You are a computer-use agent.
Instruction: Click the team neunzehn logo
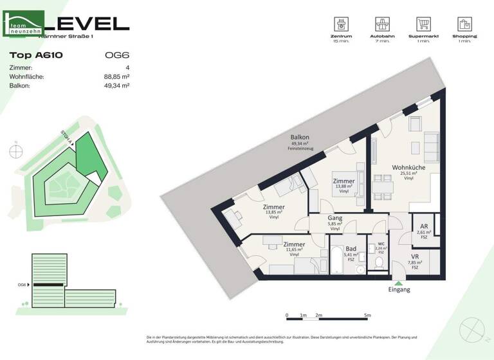(x=24, y=24)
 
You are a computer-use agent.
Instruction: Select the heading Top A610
(x=36, y=55)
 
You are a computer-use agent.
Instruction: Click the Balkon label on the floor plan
(x=300, y=138)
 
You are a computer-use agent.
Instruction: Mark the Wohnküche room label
(x=408, y=168)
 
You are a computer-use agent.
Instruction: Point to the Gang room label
(x=334, y=219)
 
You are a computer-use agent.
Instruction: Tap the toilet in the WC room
(x=378, y=262)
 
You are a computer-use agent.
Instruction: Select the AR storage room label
(x=424, y=227)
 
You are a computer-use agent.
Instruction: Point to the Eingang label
(x=399, y=290)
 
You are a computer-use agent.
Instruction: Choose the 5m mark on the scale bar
(x=367, y=316)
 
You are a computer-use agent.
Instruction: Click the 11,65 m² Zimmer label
(x=294, y=245)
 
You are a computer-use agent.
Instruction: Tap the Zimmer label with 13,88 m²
(x=343, y=182)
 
